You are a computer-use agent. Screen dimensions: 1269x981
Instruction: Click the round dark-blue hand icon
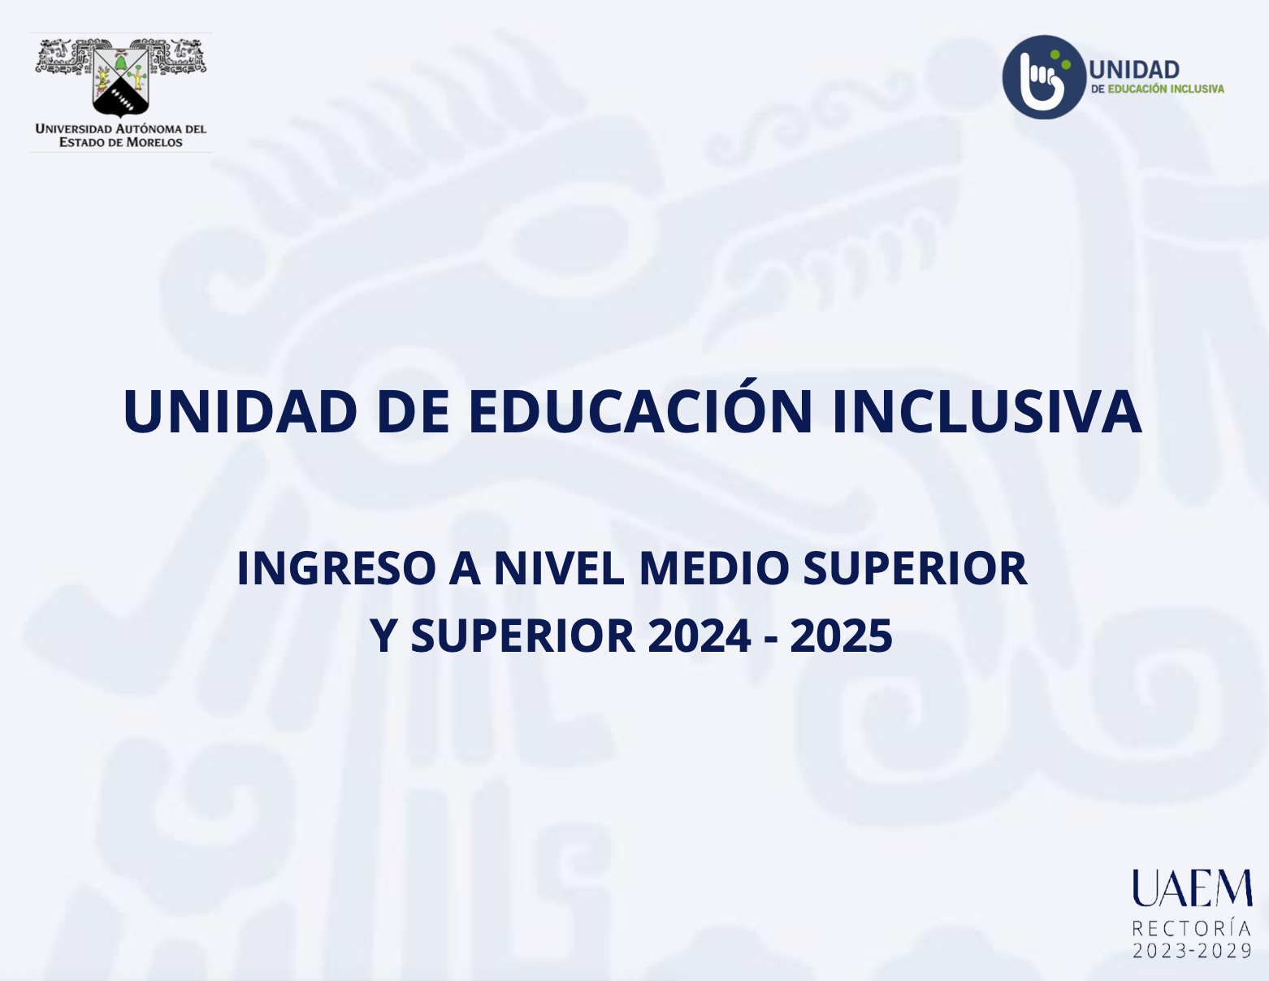point(1044,77)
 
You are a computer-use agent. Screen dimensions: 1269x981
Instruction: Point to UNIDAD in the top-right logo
point(1134,70)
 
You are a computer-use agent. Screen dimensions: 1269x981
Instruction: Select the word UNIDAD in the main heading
point(240,410)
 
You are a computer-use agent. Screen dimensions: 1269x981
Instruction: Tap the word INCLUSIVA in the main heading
point(987,410)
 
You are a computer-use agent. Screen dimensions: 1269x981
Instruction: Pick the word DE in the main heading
point(414,410)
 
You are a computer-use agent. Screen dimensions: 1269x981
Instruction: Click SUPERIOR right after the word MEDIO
point(915,568)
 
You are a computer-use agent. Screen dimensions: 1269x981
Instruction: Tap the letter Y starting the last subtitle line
point(383,636)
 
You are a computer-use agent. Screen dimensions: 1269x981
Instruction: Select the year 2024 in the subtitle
point(699,636)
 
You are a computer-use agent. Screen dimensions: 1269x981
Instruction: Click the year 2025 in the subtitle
point(841,636)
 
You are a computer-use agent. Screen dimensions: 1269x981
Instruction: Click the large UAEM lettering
point(1193,888)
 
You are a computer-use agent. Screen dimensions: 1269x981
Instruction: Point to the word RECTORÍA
point(1192,928)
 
